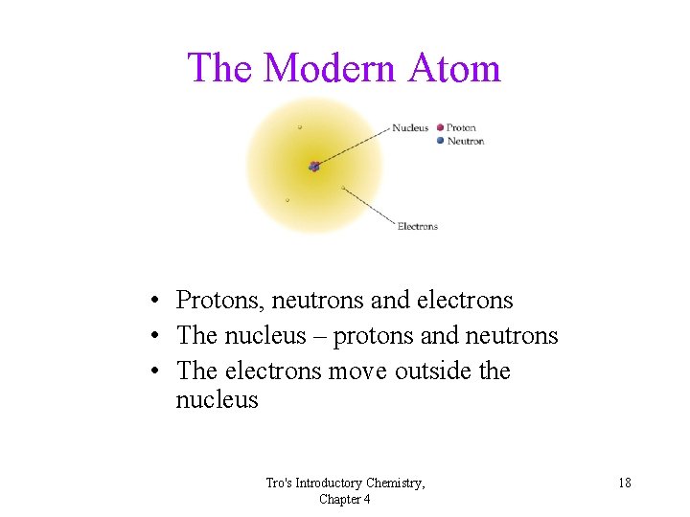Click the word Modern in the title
click(329, 68)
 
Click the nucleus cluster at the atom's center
click(313, 167)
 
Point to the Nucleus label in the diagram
click(410, 128)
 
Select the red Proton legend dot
click(440, 127)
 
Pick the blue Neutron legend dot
click(440, 141)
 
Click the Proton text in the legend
click(461, 128)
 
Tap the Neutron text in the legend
click(465, 142)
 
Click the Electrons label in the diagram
click(417, 226)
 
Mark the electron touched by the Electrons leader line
click(343, 188)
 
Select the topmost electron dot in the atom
click(300, 126)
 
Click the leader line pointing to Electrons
click(369, 207)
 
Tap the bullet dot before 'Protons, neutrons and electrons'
click(153, 302)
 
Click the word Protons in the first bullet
click(219, 301)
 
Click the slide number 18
click(624, 483)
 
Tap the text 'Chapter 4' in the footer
click(345, 499)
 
